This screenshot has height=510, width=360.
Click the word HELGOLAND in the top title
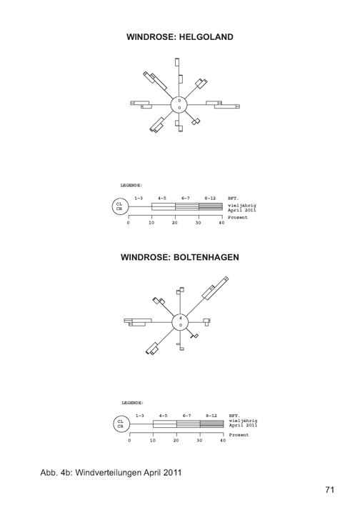(x=206, y=36)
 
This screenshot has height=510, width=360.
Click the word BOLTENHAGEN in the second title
(x=206, y=257)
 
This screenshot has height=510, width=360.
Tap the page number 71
(x=329, y=489)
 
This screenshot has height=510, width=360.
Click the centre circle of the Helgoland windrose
(x=179, y=105)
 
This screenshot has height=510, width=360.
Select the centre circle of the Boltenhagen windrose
(x=180, y=322)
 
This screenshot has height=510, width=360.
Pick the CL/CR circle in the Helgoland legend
(x=120, y=207)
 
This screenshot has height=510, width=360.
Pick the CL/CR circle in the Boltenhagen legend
(x=121, y=424)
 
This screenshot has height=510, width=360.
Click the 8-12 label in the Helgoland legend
(x=210, y=198)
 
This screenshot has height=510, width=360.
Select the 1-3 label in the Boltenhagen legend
(x=139, y=416)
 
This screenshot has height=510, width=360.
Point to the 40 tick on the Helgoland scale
(x=222, y=223)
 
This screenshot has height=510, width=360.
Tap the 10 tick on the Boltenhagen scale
(x=153, y=441)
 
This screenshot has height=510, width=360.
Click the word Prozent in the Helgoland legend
(x=238, y=217)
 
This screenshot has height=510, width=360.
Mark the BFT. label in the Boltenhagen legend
(x=234, y=416)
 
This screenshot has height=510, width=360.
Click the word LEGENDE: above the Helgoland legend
(x=131, y=186)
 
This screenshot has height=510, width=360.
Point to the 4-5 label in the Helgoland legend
(x=162, y=198)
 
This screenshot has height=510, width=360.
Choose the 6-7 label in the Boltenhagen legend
(x=186, y=416)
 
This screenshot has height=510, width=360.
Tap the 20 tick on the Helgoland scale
(x=175, y=223)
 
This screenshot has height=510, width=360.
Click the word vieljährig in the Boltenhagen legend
(x=244, y=421)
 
